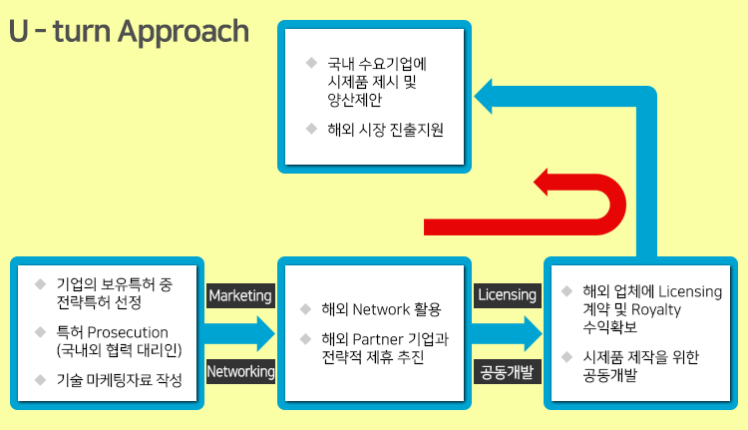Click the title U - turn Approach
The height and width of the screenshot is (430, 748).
click(129, 32)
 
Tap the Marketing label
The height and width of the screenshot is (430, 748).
click(240, 295)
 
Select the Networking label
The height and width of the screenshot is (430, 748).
click(240, 371)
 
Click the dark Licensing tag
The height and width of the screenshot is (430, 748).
click(507, 295)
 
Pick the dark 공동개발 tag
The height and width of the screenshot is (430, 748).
click(507, 372)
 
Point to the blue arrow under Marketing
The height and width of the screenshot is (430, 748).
click(239, 333)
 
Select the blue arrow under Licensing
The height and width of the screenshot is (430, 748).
click(507, 333)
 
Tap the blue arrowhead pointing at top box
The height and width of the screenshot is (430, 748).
click(484, 97)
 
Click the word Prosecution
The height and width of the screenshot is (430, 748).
click(128, 332)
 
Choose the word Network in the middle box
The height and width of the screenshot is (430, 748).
click(381, 309)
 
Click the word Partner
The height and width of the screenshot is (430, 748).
click(379, 339)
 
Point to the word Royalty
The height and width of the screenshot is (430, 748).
click(656, 310)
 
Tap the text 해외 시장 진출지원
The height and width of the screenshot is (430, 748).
click(385, 130)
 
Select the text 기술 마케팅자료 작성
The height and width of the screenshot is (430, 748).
click(120, 380)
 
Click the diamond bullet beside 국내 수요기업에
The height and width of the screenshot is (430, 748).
click(311, 63)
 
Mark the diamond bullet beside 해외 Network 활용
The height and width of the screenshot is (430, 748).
click(306, 309)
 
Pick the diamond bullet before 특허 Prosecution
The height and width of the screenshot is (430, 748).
click(41, 331)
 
